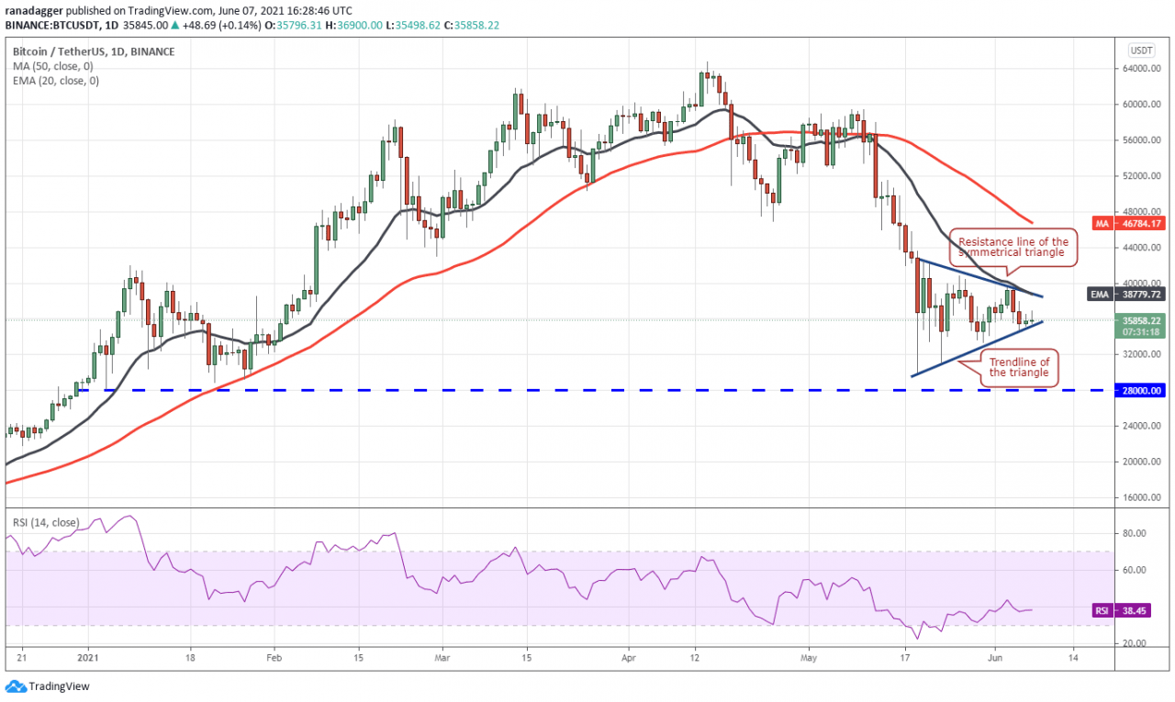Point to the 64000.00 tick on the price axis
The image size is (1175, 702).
tap(1140, 68)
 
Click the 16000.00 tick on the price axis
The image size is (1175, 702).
tap(1140, 497)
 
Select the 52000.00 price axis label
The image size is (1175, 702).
tap(1140, 175)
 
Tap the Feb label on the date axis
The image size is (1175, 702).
tap(273, 657)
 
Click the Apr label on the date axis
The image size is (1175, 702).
tap(628, 657)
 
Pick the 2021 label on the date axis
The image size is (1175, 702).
tap(88, 657)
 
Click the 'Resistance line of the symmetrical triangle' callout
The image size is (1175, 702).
tap(1013, 247)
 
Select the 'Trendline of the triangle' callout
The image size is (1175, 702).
tap(1018, 367)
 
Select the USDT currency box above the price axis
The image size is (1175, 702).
tap(1141, 50)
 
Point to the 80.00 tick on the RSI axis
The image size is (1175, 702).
tap(1136, 533)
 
